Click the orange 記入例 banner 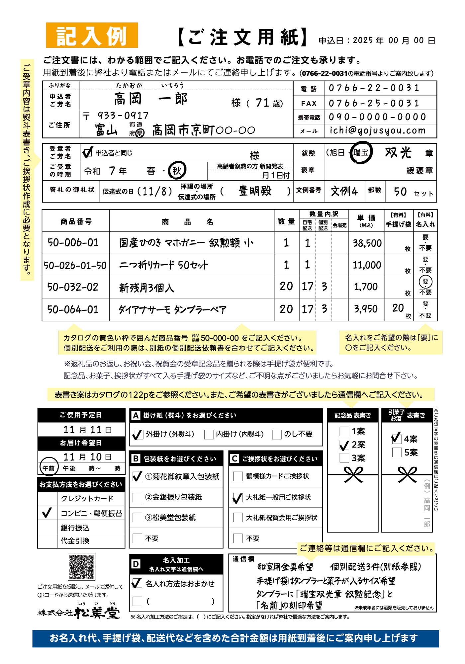(92, 35)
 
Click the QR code (81, 566)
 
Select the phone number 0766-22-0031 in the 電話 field (374, 88)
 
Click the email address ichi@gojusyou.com (377, 130)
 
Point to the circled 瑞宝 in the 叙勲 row (361, 152)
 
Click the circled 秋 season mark (177, 171)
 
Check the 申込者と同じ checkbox (87, 152)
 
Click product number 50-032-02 (73, 287)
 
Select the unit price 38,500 (367, 243)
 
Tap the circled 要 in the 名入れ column (425, 282)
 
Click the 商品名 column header (188, 222)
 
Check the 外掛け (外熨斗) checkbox (138, 434)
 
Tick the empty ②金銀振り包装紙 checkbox (138, 497)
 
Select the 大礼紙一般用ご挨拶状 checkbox (238, 498)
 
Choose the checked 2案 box (345, 445)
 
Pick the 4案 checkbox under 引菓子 (397, 439)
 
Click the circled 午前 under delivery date (48, 468)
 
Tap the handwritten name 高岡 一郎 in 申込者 (151, 99)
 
